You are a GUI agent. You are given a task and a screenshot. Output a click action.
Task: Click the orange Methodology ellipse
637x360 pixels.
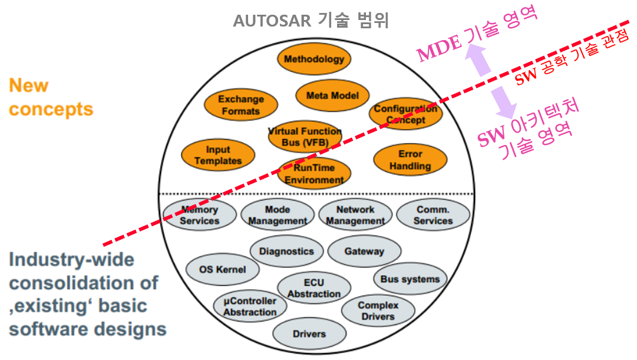coord(313,59)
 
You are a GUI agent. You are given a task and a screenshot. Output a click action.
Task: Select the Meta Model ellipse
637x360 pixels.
coord(332,95)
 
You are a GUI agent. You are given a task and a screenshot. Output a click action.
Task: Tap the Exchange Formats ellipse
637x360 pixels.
coord(241,105)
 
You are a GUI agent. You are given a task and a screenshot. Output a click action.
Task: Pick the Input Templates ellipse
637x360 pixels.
coord(218,156)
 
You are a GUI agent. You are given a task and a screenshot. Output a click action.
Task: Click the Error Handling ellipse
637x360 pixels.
coord(410,160)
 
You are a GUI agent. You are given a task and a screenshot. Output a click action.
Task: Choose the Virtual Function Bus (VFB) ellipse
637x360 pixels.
coord(305,137)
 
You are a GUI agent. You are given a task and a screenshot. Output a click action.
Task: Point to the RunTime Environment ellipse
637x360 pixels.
coord(314,174)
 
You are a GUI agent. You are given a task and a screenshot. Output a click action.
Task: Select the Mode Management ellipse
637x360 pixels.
coord(277,215)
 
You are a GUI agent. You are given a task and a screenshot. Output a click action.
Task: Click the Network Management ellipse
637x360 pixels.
coord(355,215)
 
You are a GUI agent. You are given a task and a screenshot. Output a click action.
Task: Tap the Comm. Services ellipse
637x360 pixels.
coord(433,215)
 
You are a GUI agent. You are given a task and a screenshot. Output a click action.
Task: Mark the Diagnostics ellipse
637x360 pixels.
coord(287,251)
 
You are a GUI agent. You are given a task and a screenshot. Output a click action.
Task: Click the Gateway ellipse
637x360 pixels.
coord(364,251)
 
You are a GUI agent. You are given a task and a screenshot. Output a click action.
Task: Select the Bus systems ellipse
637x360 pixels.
coord(410,279)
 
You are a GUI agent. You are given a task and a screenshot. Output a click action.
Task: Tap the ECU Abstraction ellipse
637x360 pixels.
coord(314,288)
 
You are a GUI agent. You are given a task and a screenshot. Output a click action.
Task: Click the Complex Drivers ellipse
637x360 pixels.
coord(378,311)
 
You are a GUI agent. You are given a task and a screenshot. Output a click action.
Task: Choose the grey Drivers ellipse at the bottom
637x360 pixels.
coord(309,333)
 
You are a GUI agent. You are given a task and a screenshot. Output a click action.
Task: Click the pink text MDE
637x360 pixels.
coord(439,52)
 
